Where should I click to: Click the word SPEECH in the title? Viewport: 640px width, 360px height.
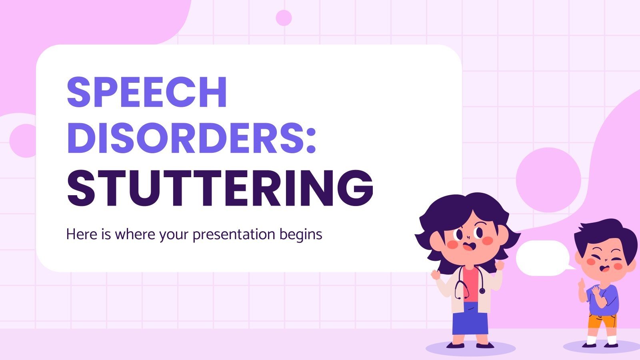[147, 92]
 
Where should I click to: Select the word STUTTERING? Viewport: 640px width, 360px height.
[220, 188]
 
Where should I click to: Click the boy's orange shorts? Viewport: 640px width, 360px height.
[602, 322]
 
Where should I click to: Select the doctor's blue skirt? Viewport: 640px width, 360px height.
[470, 318]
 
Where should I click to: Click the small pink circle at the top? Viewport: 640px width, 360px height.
[284, 18]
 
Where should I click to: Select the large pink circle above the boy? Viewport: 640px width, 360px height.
[548, 180]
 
